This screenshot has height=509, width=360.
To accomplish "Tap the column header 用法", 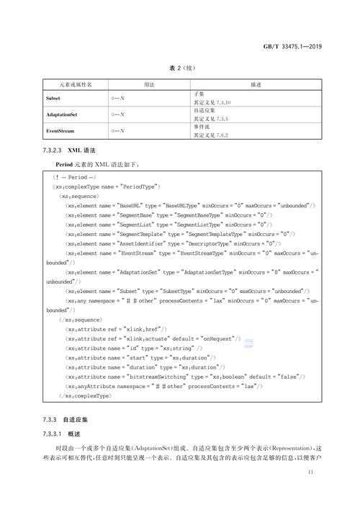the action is pyautogui.click(x=149, y=84).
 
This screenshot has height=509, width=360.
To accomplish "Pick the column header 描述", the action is pyautogui.click(x=255, y=84).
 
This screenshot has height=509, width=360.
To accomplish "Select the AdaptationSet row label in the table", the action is pyautogui.click(x=62, y=114).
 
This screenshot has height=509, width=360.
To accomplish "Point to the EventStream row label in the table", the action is pyautogui.click(x=60, y=132).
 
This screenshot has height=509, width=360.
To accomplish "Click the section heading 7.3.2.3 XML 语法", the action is pyautogui.click(x=69, y=151).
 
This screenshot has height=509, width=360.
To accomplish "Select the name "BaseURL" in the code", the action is pyautogui.click(x=126, y=205).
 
